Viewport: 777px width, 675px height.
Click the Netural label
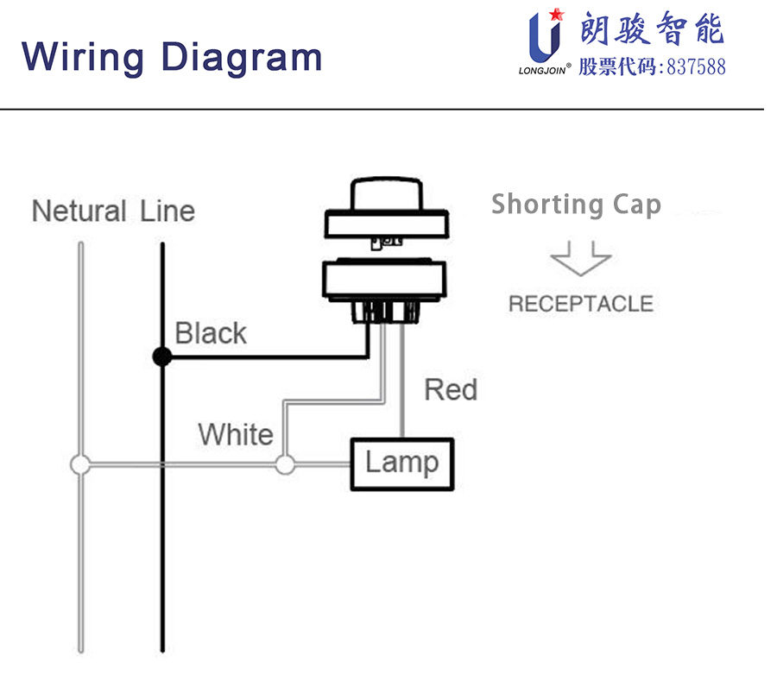79,211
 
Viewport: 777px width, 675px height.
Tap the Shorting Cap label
576,205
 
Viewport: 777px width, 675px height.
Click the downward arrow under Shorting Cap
580,258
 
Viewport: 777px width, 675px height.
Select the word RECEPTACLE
580,304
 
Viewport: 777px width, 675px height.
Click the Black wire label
211,333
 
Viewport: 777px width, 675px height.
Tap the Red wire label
450,389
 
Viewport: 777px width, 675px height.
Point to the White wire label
235,433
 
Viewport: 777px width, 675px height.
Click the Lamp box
401,464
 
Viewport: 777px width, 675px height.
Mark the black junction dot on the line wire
161,356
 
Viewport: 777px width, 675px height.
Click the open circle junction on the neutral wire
80,464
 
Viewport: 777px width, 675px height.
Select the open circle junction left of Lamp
284,464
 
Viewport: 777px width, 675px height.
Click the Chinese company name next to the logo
652,29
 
